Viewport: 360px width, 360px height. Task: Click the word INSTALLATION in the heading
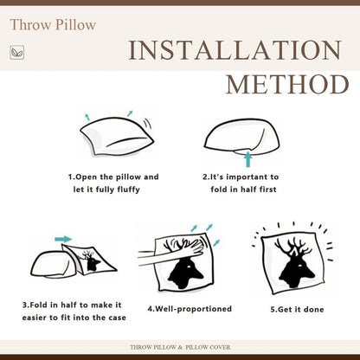point(235,50)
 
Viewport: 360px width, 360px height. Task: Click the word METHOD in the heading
point(287,85)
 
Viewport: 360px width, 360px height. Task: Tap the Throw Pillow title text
point(53,25)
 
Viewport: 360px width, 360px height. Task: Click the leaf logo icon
point(17,53)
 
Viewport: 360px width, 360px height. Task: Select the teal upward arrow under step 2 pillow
point(247,159)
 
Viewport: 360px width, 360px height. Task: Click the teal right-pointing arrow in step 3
point(63,239)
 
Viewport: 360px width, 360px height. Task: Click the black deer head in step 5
point(294,263)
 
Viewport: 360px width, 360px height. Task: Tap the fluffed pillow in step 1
point(117,137)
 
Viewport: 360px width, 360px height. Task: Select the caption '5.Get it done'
point(297,310)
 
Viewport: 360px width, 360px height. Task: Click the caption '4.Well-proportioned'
point(190,309)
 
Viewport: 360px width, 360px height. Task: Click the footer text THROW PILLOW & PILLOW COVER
point(180,347)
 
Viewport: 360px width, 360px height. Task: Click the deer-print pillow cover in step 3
point(89,260)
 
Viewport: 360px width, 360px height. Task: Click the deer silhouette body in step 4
point(185,273)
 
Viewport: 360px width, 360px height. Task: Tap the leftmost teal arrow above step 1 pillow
point(87,117)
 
